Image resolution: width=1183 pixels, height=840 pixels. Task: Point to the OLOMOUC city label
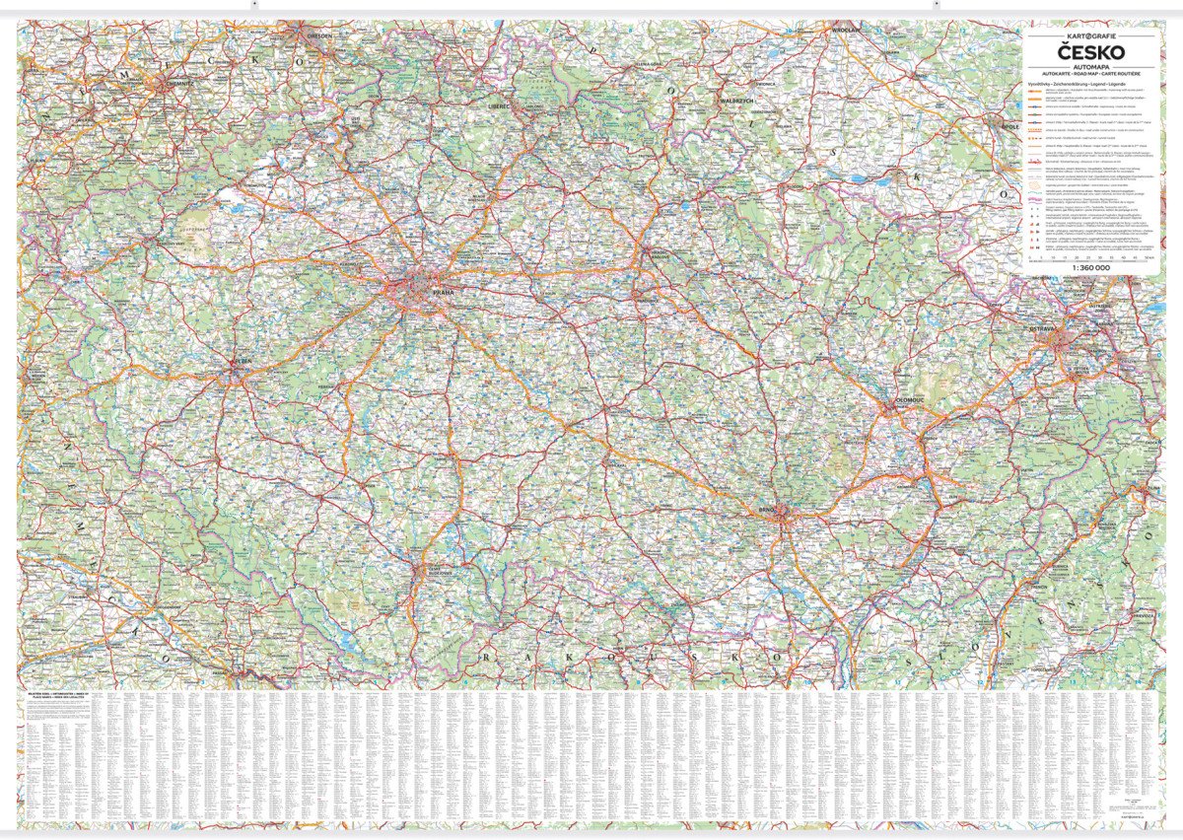[905, 399]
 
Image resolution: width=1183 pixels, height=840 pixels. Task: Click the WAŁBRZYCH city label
[736, 101]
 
